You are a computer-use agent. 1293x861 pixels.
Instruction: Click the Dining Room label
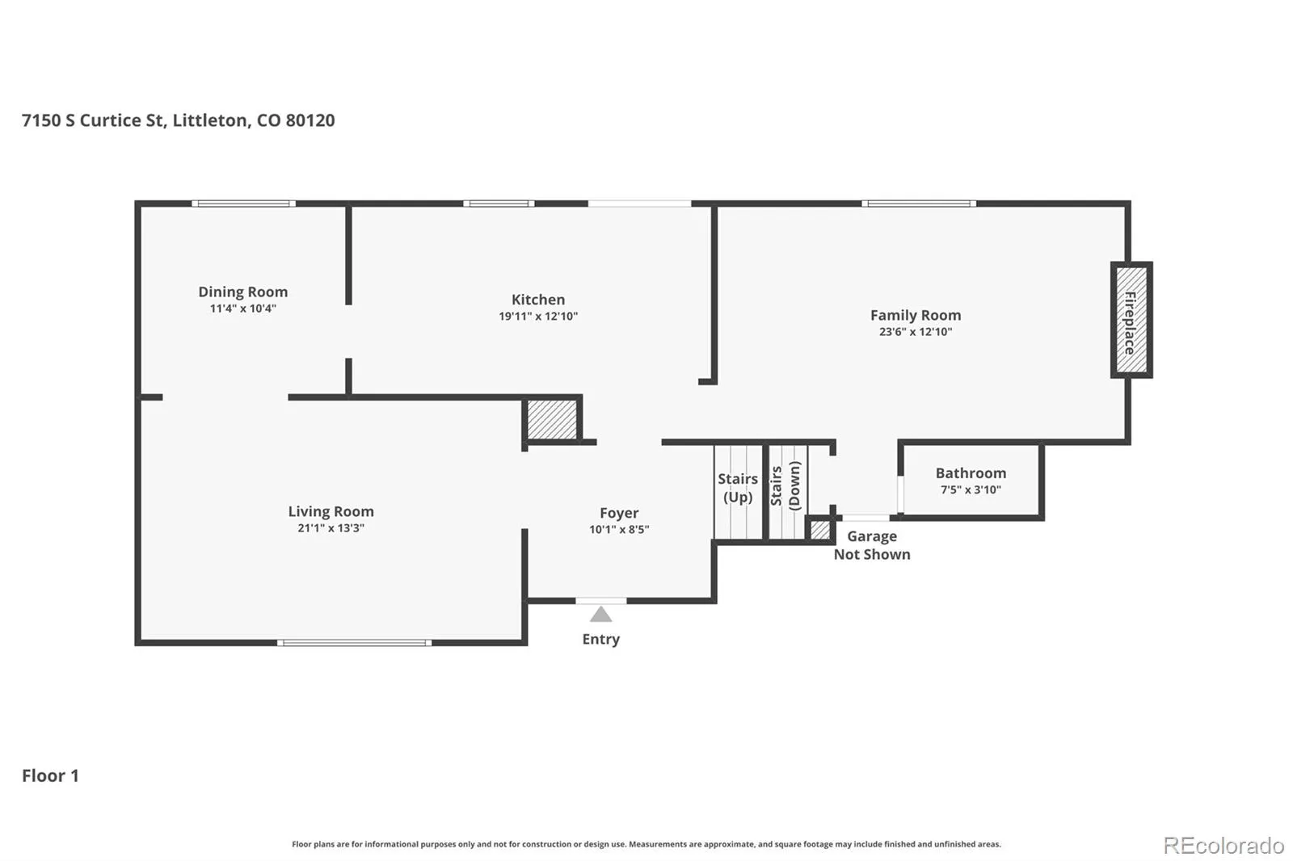pyautogui.click(x=243, y=292)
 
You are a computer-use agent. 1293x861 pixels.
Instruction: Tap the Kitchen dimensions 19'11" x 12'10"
pyautogui.click(x=538, y=317)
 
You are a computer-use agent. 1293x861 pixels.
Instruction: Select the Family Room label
pyautogui.click(x=916, y=315)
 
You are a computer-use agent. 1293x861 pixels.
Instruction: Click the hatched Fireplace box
pyautogui.click(x=1131, y=320)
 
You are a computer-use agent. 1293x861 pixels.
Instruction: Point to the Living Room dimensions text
pyautogui.click(x=331, y=528)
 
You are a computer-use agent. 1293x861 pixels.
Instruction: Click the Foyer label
pyautogui.click(x=619, y=513)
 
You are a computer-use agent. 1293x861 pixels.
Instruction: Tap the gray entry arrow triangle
pyautogui.click(x=600, y=614)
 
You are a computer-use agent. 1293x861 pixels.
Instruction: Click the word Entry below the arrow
pyautogui.click(x=601, y=640)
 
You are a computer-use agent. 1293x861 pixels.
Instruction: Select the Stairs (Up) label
pyautogui.click(x=738, y=488)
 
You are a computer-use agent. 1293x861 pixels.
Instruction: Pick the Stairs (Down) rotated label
pyautogui.click(x=785, y=485)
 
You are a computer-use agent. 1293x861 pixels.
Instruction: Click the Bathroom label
pyautogui.click(x=971, y=473)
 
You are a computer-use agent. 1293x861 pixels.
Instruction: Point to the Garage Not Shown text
pyautogui.click(x=872, y=545)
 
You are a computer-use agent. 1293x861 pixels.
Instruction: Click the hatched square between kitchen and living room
pyautogui.click(x=552, y=419)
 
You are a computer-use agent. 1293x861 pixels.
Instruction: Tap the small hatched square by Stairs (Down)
pyautogui.click(x=820, y=531)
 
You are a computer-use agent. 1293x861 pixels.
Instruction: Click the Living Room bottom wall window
pyautogui.click(x=355, y=643)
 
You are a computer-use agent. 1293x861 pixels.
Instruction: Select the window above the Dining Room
pyautogui.click(x=243, y=204)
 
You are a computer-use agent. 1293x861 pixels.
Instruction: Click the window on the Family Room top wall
pyautogui.click(x=919, y=204)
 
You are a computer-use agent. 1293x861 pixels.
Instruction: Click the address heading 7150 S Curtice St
pyautogui.click(x=179, y=120)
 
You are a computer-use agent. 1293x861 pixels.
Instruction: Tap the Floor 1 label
pyautogui.click(x=50, y=775)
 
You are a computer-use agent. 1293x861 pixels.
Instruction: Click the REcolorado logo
pyautogui.click(x=1224, y=846)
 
